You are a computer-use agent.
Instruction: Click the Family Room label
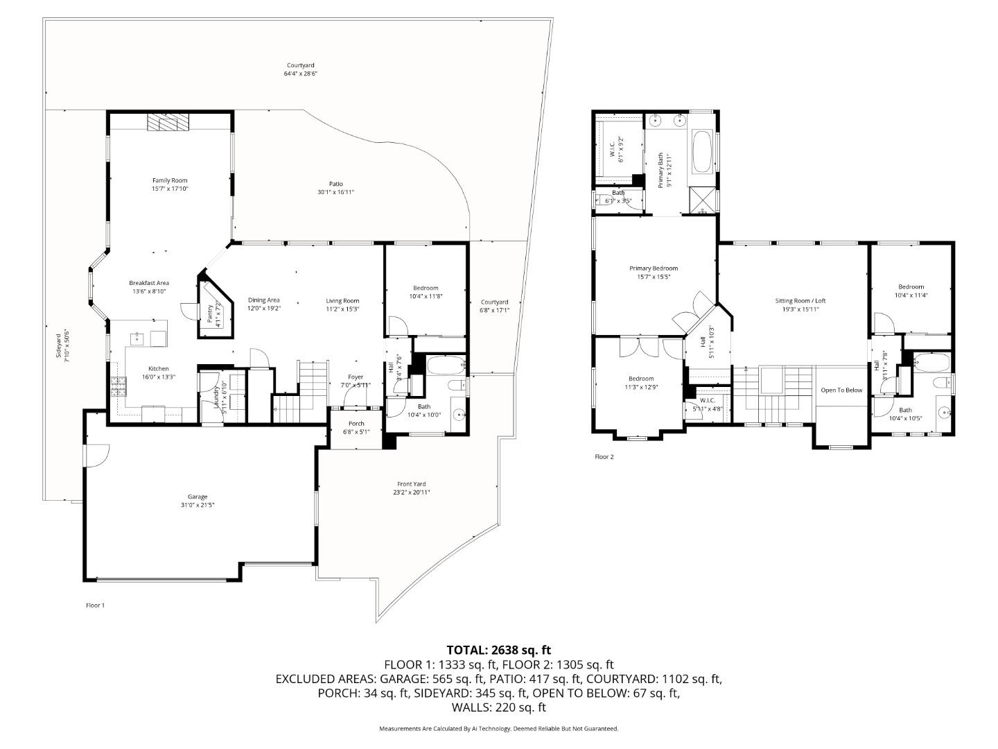click(170, 180)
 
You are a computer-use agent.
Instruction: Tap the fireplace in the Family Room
click(168, 123)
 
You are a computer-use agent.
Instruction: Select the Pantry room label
click(210, 312)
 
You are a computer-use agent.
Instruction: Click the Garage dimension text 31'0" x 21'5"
click(198, 505)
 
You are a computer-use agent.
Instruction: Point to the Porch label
click(356, 424)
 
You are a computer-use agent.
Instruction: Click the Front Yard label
click(411, 484)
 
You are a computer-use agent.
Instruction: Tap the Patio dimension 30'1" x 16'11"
click(336, 192)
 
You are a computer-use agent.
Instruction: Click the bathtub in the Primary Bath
click(701, 152)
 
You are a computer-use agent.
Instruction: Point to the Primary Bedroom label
click(653, 268)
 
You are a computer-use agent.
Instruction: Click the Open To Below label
click(841, 390)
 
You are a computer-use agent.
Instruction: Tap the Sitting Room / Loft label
click(800, 301)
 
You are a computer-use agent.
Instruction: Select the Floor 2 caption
click(604, 457)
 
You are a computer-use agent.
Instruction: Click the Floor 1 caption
click(95, 605)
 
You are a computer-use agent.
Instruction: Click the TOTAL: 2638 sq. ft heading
click(498, 650)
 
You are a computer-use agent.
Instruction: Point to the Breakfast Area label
click(149, 283)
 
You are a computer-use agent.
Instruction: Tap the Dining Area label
click(263, 300)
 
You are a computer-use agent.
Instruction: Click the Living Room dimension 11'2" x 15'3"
click(342, 309)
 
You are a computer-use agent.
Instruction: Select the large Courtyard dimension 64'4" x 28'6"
click(300, 74)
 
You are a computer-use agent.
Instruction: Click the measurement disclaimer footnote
click(498, 729)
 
